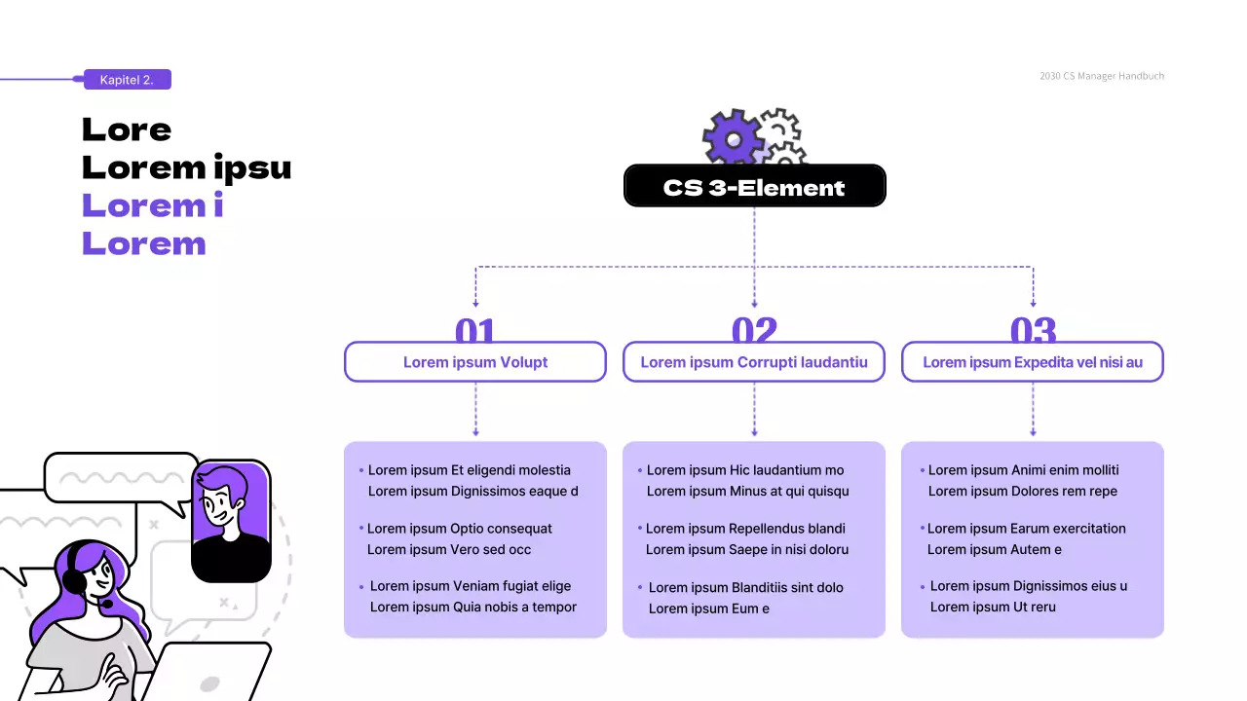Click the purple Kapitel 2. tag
click(x=127, y=80)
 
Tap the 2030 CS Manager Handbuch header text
click(x=1101, y=76)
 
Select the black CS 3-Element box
click(x=754, y=186)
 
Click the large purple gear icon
click(x=733, y=138)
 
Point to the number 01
click(x=475, y=330)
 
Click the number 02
click(x=754, y=330)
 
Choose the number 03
click(x=1033, y=330)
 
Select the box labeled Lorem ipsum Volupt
click(x=475, y=362)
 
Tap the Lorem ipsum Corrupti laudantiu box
click(x=754, y=362)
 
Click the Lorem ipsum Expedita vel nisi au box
click(x=1033, y=362)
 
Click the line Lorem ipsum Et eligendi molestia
click(x=469, y=470)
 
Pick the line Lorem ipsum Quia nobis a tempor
click(x=472, y=608)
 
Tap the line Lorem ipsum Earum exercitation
click(x=1026, y=529)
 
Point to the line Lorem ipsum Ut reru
click(x=993, y=608)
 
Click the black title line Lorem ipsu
click(x=186, y=167)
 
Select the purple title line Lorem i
click(x=153, y=205)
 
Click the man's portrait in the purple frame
click(x=231, y=520)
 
